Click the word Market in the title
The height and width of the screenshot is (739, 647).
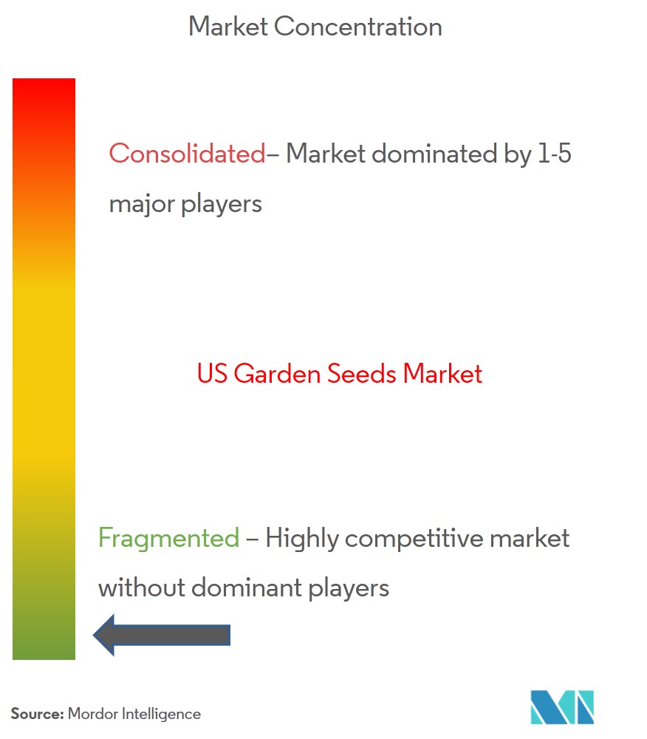[x=228, y=27]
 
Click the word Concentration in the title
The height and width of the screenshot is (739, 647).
[x=358, y=27]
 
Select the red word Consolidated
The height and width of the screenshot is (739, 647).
[x=188, y=154]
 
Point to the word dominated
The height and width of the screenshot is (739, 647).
[x=434, y=154]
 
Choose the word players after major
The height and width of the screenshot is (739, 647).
[x=222, y=205]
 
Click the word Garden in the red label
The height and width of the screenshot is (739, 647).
[x=278, y=374]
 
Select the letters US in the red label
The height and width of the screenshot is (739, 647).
[x=213, y=374]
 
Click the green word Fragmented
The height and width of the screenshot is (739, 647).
[x=168, y=538]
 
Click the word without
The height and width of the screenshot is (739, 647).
[x=142, y=588]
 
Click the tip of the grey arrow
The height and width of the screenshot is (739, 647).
[x=94, y=635]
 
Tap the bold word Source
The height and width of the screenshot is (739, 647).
[x=37, y=714]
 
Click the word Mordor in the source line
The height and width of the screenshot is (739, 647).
[x=93, y=714]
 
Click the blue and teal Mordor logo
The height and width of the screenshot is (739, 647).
[x=562, y=707]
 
